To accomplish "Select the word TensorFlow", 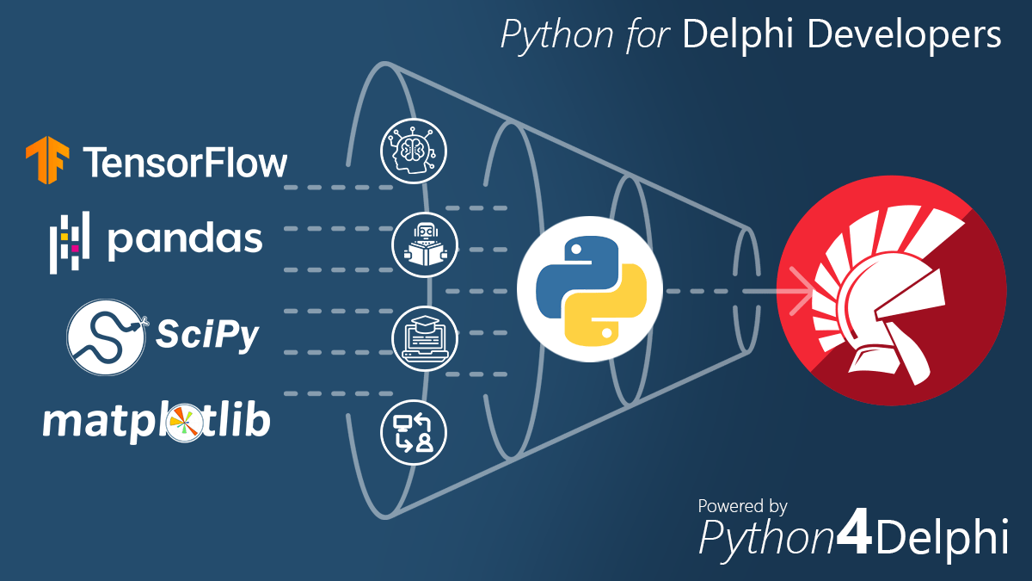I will (185, 162).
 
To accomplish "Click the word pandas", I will (184, 240).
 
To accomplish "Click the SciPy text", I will (206, 334).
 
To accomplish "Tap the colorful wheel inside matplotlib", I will (182, 423).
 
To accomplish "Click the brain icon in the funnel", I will (415, 150).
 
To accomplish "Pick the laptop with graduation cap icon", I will (426, 337).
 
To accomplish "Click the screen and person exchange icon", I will (414, 431).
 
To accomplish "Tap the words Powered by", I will (742, 506).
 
